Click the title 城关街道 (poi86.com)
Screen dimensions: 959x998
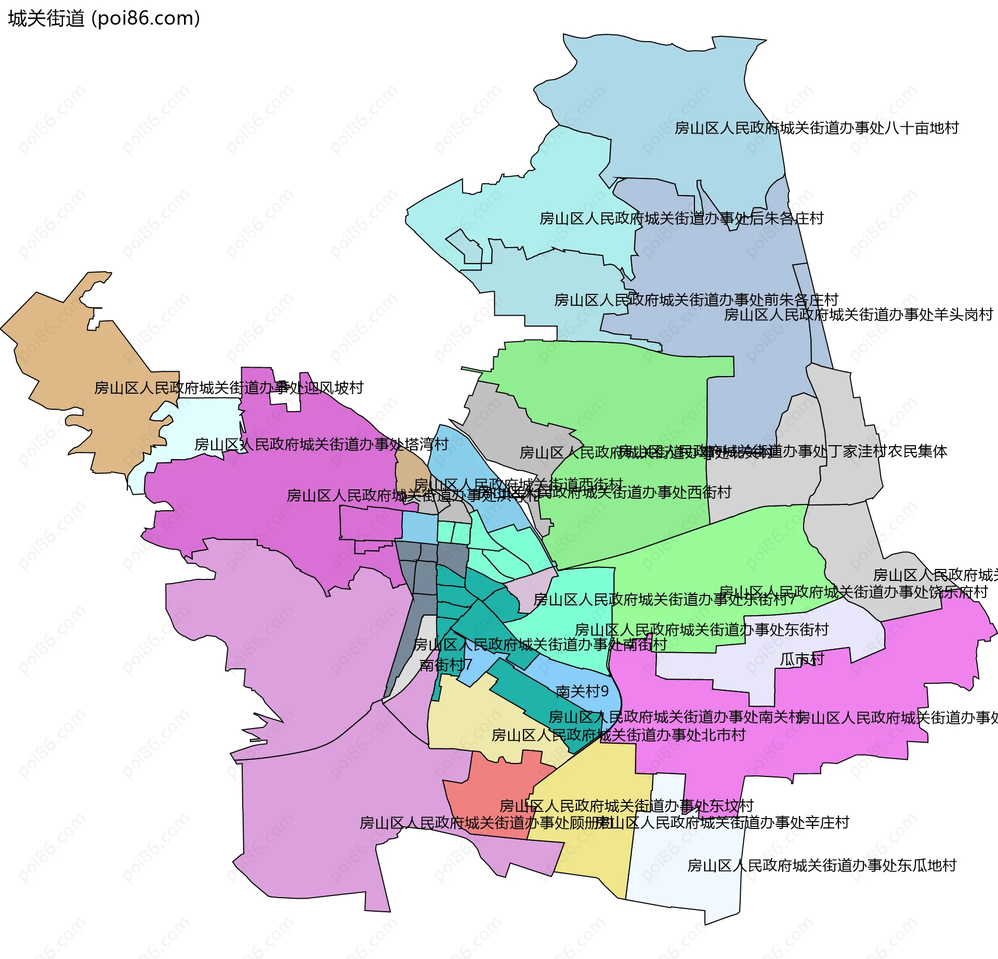click(x=104, y=19)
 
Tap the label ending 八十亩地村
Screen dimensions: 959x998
click(x=816, y=128)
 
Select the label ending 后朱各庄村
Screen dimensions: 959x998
click(x=681, y=218)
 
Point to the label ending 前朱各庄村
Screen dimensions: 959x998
click(x=696, y=300)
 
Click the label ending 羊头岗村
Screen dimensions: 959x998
click(x=858, y=315)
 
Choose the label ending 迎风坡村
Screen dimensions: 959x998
click(x=228, y=388)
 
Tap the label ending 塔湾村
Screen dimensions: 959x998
click(x=321, y=445)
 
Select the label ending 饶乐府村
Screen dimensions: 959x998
click(x=853, y=592)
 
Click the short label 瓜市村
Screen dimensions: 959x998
click(x=802, y=659)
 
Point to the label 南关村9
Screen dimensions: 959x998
click(x=582, y=691)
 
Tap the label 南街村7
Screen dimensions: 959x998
click(x=445, y=665)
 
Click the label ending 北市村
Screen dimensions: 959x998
click(x=618, y=735)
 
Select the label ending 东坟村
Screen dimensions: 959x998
click(x=626, y=806)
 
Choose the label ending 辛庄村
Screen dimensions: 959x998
click(x=723, y=823)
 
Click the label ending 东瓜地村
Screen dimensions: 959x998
click(x=822, y=866)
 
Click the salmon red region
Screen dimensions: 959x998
click(x=489, y=801)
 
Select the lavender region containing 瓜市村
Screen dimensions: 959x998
click(x=728, y=668)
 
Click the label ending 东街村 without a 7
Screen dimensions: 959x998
click(x=701, y=630)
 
